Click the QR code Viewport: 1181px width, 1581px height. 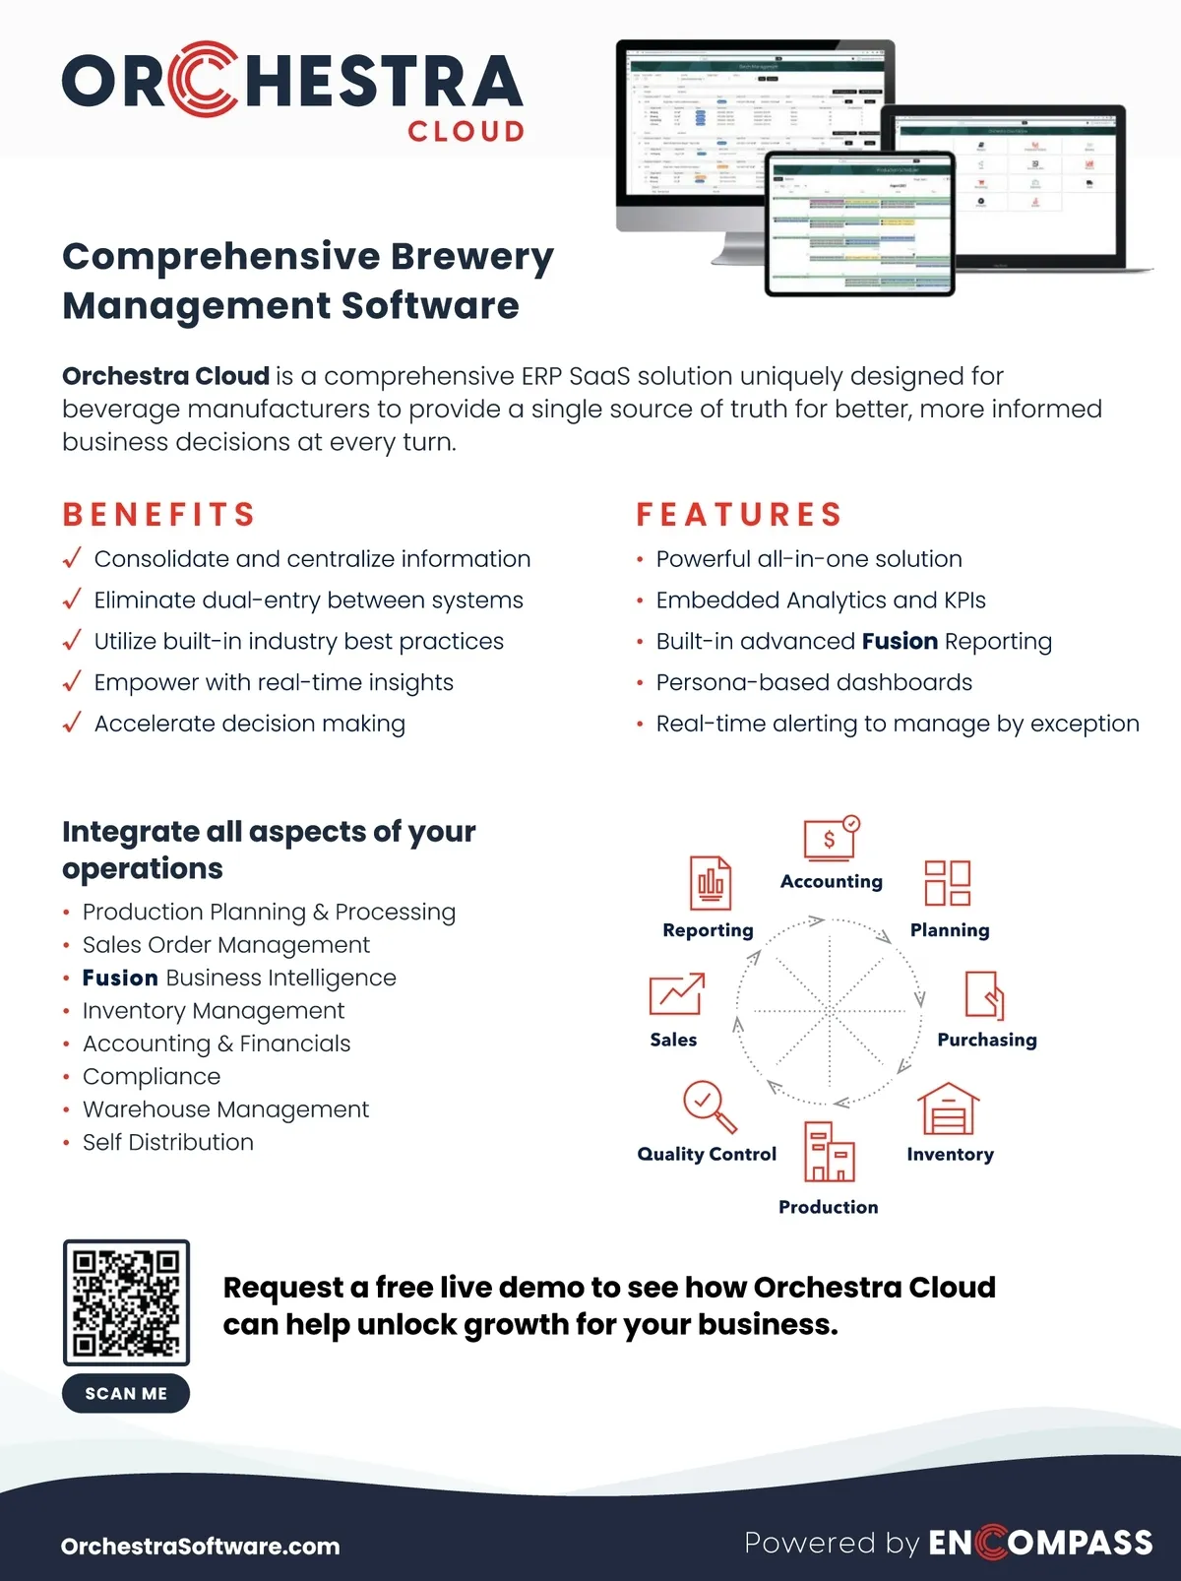[x=126, y=1301]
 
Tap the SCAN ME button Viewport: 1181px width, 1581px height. [x=126, y=1393]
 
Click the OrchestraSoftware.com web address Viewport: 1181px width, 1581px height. [x=201, y=1546]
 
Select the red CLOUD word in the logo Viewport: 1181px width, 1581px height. [x=466, y=132]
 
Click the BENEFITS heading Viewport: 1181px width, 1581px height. [x=159, y=514]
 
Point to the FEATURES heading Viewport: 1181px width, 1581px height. [x=740, y=514]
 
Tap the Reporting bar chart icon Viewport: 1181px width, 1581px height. [x=711, y=882]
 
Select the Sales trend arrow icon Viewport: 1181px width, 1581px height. [x=677, y=994]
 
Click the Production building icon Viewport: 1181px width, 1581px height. [x=829, y=1152]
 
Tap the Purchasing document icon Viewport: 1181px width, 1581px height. [x=985, y=994]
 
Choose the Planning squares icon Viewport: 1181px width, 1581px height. [x=948, y=882]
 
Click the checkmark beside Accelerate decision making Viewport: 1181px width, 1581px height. [x=72, y=724]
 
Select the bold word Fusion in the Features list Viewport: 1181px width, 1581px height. [x=900, y=642]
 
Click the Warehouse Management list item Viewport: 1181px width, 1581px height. [x=225, y=1109]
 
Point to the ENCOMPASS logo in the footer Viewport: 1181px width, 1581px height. [x=1041, y=1543]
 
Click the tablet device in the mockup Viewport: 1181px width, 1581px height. [x=860, y=224]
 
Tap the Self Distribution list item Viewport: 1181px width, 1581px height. [x=168, y=1142]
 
